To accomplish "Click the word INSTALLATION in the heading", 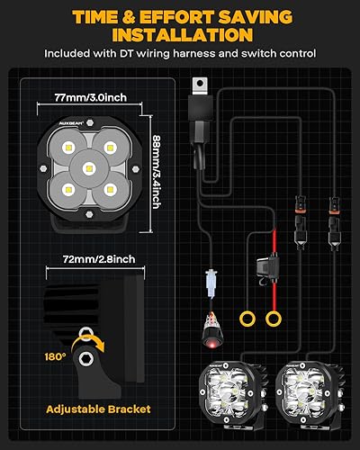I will (180, 34).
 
